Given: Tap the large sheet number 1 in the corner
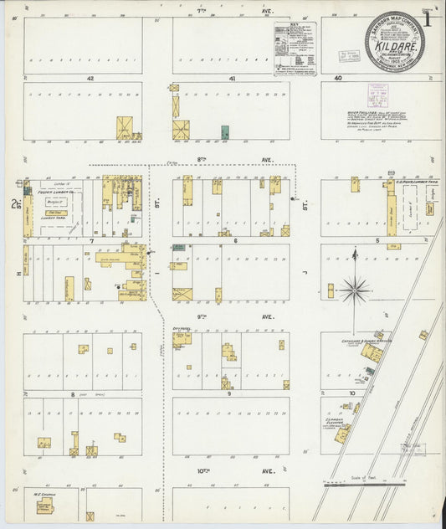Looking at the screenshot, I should (x=427, y=20).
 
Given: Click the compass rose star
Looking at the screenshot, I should (x=355, y=290).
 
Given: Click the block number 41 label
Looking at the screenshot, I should (x=232, y=78).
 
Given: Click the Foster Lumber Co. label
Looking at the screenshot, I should (x=52, y=193).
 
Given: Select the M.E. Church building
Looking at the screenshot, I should (x=44, y=506).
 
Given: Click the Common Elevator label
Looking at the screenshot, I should (x=342, y=424).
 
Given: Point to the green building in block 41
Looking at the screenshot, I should (x=225, y=132).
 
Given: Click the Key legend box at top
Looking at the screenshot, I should (x=295, y=46).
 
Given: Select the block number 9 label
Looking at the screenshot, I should (x=230, y=393).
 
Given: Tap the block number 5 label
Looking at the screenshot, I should (x=377, y=240).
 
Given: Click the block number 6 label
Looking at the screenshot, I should (x=236, y=240).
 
